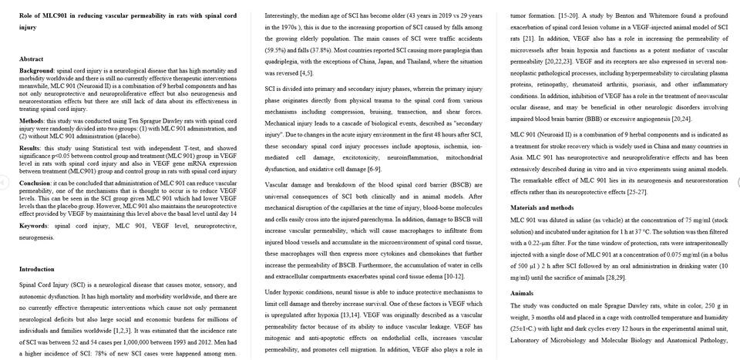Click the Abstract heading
(32, 59)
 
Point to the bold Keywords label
(35, 226)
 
